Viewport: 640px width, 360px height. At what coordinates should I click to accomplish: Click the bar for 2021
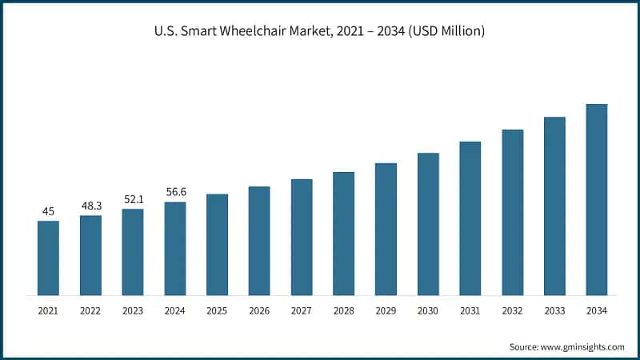(x=48, y=258)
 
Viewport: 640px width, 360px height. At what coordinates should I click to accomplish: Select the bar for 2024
(x=175, y=248)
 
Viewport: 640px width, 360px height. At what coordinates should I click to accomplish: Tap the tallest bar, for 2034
(x=597, y=199)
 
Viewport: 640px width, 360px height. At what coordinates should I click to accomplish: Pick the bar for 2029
(x=386, y=229)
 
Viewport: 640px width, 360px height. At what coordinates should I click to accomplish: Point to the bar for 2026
(x=259, y=241)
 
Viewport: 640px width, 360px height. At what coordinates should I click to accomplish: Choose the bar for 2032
(x=513, y=212)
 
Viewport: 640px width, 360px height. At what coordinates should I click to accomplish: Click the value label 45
(x=48, y=211)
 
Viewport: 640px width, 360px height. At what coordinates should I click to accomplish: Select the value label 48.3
(x=91, y=206)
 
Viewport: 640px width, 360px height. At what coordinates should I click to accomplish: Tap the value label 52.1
(x=133, y=199)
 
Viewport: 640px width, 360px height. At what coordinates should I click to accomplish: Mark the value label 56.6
(x=175, y=192)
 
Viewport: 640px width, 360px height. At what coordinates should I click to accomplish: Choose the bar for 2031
(x=470, y=218)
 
